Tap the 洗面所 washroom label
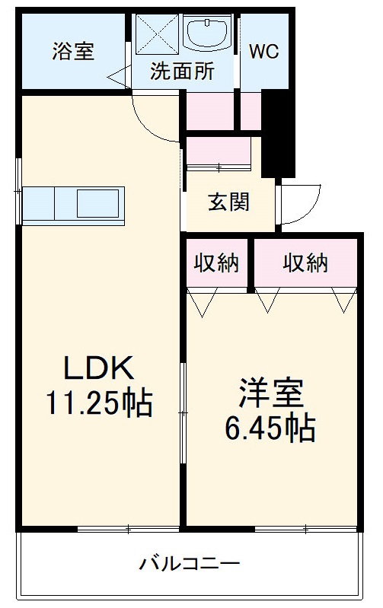pos(181,72)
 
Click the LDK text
pos(98,368)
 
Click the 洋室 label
pos(270,394)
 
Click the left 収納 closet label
pos(216,263)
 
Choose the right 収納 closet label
pos(305,263)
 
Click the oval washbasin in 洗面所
pos(208,34)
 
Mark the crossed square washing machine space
pos(156,34)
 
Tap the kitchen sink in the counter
pos(97,204)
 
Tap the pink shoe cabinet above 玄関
pos(219,151)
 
